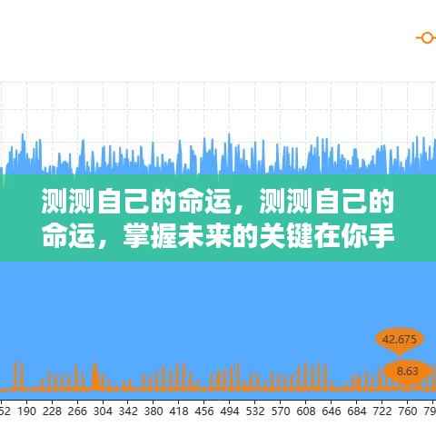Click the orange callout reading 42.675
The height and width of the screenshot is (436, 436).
pos(400,340)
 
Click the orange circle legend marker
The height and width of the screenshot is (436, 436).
pos(425,37)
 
